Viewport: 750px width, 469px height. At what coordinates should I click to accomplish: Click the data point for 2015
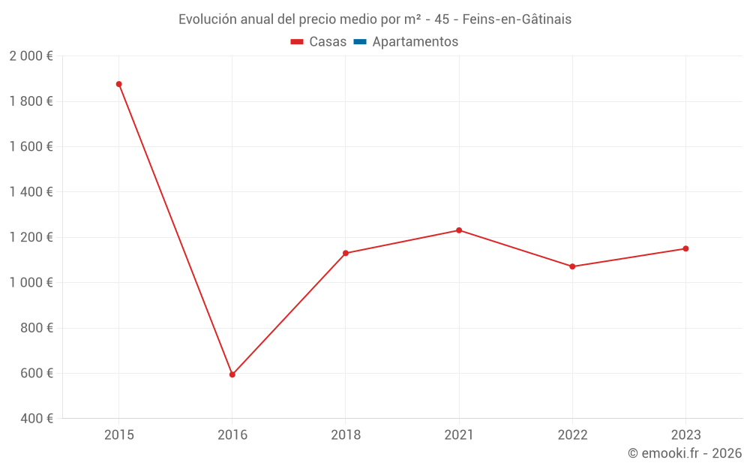[x=118, y=84]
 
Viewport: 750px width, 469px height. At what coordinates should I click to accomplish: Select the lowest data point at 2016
[x=232, y=374]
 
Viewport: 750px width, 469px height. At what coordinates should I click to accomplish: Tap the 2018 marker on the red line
[x=346, y=253]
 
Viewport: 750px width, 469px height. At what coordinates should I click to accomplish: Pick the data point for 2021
[x=459, y=230]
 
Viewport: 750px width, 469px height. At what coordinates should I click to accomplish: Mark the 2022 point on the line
[x=572, y=266]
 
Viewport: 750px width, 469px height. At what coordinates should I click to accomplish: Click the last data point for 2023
[x=685, y=248]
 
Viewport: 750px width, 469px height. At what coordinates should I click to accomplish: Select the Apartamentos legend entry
[x=415, y=42]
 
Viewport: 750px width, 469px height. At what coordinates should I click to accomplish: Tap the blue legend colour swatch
[x=359, y=42]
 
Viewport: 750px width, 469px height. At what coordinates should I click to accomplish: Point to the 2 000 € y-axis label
[x=31, y=56]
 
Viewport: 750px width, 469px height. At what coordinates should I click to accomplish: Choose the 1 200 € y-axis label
[x=31, y=237]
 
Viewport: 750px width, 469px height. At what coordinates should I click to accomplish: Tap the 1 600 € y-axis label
[x=31, y=146]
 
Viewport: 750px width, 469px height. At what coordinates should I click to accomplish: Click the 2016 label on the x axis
[x=232, y=435]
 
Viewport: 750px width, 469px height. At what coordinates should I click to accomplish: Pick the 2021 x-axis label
[x=459, y=435]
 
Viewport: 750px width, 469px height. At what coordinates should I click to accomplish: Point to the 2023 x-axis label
[x=685, y=435]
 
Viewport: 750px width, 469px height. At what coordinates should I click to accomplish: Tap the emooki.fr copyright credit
[x=685, y=453]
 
